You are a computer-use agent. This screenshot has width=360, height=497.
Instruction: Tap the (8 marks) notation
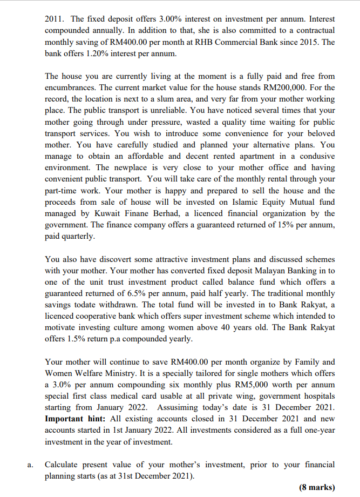(317, 487)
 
